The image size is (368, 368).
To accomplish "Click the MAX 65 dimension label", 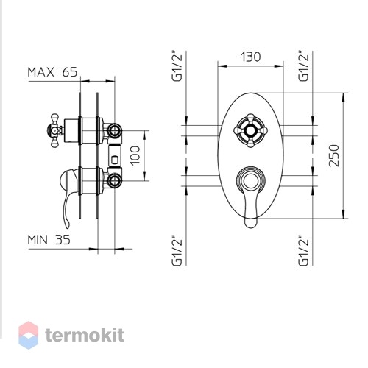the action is pyautogui.click(x=52, y=72).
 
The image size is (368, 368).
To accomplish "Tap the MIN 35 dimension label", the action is pyautogui.click(x=49, y=240).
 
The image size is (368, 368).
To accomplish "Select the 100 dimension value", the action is pyautogui.click(x=135, y=155).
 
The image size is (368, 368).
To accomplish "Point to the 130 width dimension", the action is pyautogui.click(x=250, y=57).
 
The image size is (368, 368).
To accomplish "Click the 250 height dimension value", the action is pyautogui.click(x=334, y=155).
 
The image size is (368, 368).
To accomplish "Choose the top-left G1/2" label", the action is pyautogui.click(x=177, y=66).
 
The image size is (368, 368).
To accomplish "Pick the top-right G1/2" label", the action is pyautogui.click(x=304, y=66).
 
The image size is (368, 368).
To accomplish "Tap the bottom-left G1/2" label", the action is pyautogui.click(x=177, y=250).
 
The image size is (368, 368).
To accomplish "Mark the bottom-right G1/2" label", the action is pyautogui.click(x=304, y=250).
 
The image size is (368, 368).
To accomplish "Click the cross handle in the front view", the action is pyautogui.click(x=250, y=130).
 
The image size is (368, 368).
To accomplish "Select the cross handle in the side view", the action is pyautogui.click(x=54, y=130).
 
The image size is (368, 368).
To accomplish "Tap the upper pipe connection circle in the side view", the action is pyautogui.click(x=114, y=130).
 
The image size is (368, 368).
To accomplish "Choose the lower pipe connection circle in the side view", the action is pyautogui.click(x=114, y=181).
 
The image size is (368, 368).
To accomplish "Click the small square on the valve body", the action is pyautogui.click(x=114, y=160).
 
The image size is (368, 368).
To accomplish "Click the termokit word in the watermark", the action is pyautogui.click(x=85, y=336).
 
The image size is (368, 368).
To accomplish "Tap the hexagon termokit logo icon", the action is pyautogui.click(x=29, y=335).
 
